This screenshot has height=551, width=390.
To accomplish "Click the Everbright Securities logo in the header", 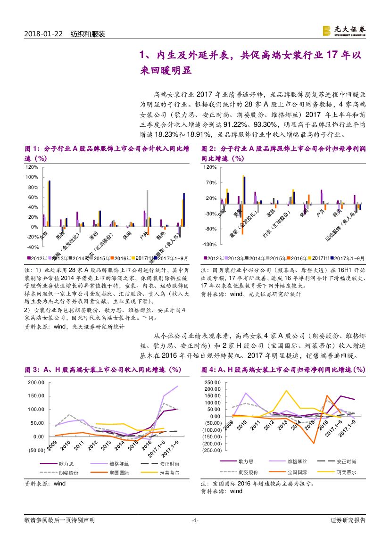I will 344,31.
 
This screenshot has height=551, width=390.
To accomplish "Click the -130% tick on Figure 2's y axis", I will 209,244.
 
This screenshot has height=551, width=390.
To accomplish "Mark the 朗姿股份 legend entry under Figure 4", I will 247,472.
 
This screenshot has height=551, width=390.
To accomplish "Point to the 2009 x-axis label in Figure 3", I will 52,444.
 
